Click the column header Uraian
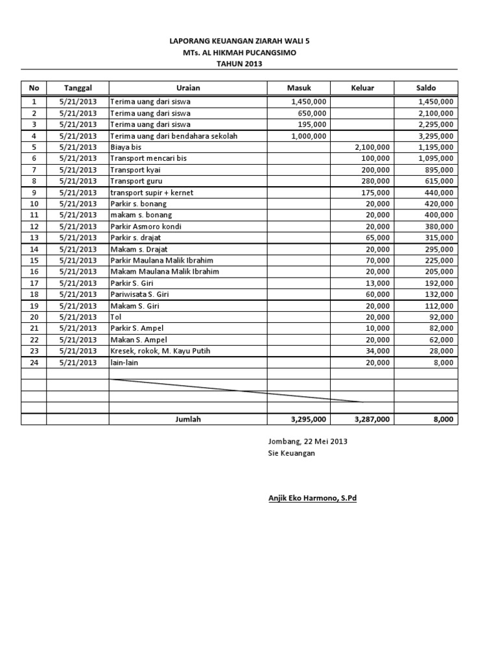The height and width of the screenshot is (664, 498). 188,88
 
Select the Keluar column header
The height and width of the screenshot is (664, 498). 362,88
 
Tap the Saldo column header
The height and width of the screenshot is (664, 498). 426,88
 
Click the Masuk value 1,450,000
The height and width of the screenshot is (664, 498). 309,102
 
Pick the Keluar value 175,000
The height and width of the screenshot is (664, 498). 375,193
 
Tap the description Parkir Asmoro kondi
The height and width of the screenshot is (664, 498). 146,226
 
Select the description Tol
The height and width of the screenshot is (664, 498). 116,317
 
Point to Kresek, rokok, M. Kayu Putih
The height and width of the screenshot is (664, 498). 160,351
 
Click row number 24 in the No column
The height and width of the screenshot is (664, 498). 34,362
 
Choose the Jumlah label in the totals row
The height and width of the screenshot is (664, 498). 188,420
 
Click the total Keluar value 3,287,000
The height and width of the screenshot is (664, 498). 372,420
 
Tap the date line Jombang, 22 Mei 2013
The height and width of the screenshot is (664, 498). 308,442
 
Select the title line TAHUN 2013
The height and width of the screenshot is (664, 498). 239,64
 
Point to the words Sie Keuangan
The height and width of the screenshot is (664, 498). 291,453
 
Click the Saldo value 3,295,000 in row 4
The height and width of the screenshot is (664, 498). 435,136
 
